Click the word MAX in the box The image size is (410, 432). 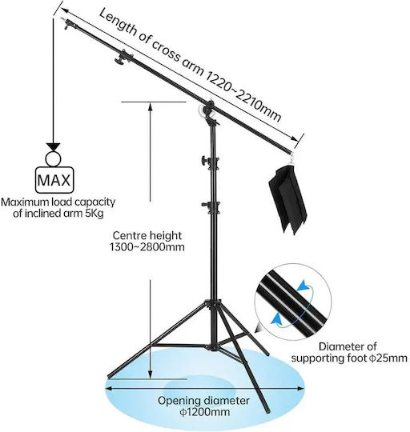[54, 180]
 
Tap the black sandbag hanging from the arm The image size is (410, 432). [287, 199]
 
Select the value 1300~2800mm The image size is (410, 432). [147, 247]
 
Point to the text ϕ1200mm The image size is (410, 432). [205, 413]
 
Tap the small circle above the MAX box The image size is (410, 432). [53, 159]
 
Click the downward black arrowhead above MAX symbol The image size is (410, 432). [53, 147]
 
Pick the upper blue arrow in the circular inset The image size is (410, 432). [303, 286]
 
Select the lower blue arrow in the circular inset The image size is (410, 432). [277, 318]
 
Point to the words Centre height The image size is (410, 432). [147, 236]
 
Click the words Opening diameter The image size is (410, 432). [203, 401]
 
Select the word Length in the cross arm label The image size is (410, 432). [118, 22]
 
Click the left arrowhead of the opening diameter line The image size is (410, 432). [109, 388]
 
